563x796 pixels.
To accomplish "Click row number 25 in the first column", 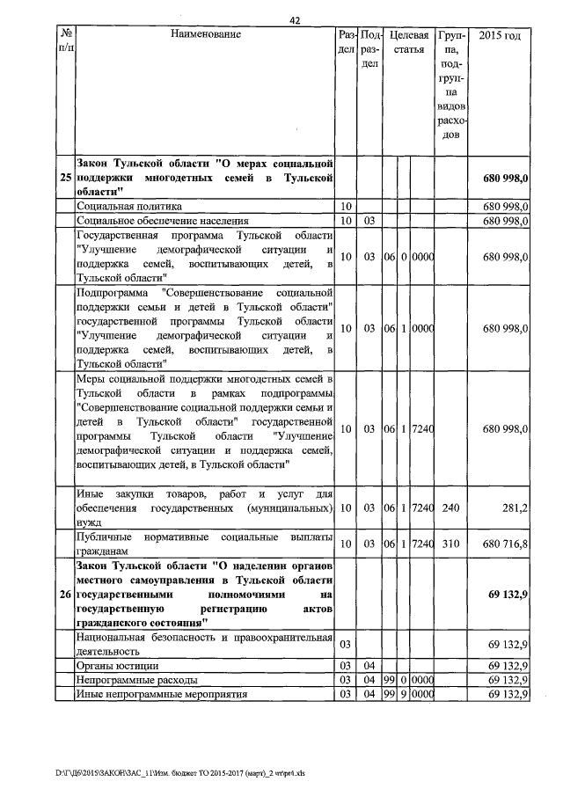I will tap(65, 178).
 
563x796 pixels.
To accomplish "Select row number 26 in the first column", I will tap(65, 595).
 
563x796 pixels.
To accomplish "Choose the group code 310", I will tap(450, 544).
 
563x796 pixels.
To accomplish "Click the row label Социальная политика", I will tap(129, 206).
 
